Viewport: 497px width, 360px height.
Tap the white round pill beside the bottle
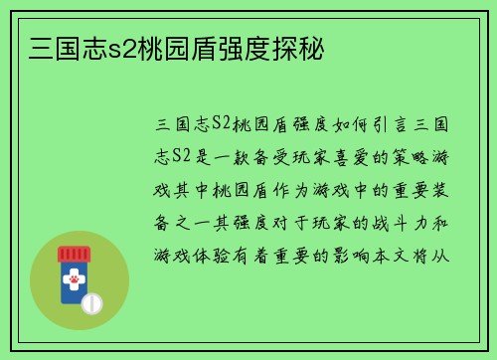click(x=92, y=301)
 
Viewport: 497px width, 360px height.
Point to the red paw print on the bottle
click(x=74, y=282)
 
